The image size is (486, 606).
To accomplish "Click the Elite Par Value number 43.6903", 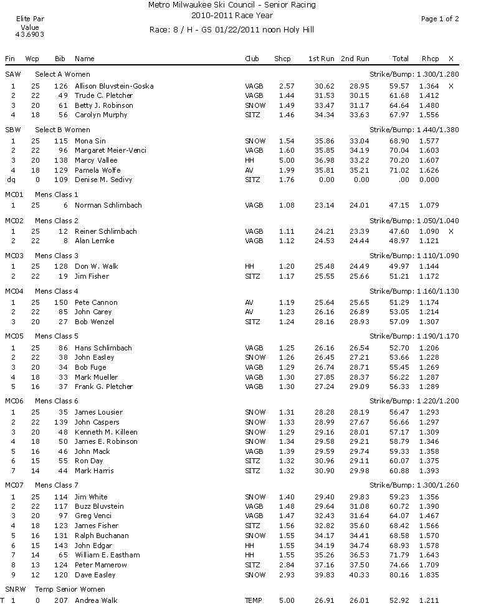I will (29, 35).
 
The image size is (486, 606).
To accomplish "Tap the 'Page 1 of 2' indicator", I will (440, 19).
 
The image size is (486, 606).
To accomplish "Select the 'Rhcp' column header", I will (430, 59).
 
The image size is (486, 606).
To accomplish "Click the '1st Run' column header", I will (321, 59).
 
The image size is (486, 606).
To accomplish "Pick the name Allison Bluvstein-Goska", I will (114, 85).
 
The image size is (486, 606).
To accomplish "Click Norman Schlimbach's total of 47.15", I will (399, 205).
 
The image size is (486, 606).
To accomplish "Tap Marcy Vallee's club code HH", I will (250, 160).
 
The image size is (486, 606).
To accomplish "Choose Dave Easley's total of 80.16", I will (399, 574).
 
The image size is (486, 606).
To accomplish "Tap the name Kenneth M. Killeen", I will (106, 431).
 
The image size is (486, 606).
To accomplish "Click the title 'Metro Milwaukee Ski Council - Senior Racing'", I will (232, 5).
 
